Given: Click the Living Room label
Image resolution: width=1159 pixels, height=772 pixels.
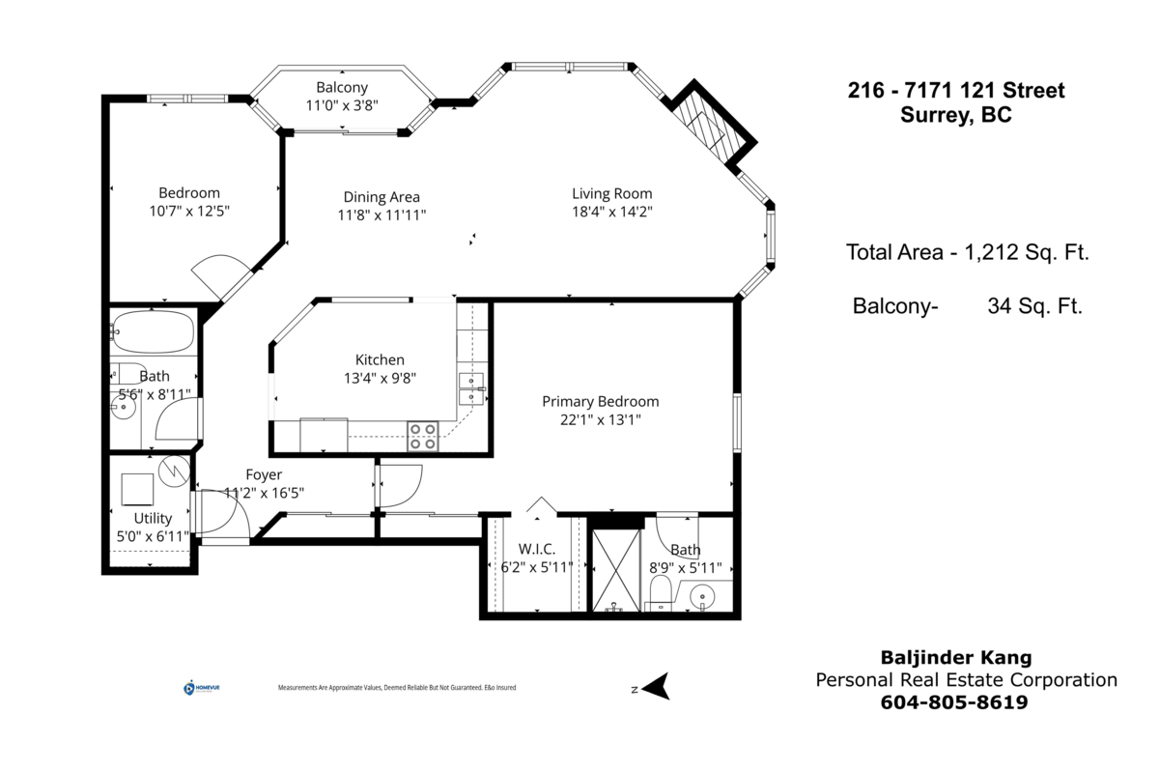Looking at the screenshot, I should [x=611, y=193].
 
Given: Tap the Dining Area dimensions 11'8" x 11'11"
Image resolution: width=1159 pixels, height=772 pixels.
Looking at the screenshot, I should [x=382, y=215].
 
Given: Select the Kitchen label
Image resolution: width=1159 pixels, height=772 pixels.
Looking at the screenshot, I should [x=380, y=359].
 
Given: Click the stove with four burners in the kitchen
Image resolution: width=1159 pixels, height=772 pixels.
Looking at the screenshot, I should [x=422, y=437].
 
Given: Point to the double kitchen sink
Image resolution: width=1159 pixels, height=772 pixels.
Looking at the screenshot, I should [x=471, y=387].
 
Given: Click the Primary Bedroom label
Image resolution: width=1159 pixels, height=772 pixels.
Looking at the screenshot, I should [x=600, y=401].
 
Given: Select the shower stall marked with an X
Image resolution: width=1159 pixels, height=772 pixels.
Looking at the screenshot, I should [x=615, y=569].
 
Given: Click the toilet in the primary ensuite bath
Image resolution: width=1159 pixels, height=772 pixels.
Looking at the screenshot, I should [x=662, y=591].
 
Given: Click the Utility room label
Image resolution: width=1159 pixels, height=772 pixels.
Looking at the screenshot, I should [x=153, y=519].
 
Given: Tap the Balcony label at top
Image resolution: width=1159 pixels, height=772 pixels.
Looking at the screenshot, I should [x=342, y=88].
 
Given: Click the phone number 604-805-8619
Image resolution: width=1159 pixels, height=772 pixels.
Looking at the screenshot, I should [x=954, y=703].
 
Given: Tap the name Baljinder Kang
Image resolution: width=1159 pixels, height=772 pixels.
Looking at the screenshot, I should [x=955, y=658].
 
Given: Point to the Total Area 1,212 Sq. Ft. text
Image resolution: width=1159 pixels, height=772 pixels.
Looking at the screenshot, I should [x=967, y=253].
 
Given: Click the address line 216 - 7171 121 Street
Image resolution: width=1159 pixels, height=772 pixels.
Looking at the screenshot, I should [x=955, y=91].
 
